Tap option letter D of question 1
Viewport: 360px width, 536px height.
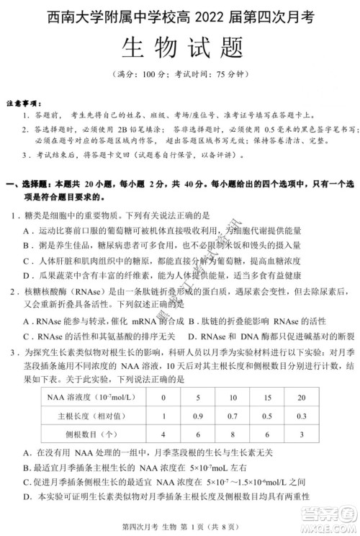(x=27, y=274)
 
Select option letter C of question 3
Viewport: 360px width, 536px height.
(x=26, y=482)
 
